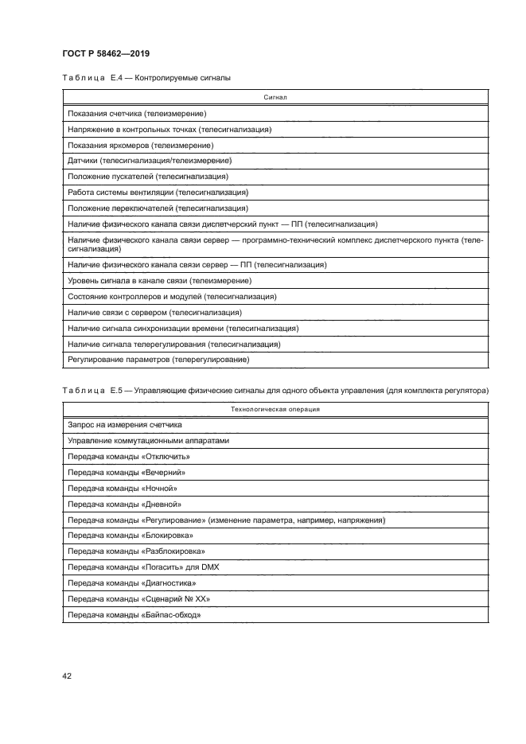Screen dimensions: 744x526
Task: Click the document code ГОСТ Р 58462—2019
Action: [106, 53]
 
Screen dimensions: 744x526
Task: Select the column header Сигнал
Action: [275, 99]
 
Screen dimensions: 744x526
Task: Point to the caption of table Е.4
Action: [146, 78]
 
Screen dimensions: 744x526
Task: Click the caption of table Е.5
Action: [275, 390]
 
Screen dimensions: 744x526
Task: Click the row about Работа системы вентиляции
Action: [158, 192]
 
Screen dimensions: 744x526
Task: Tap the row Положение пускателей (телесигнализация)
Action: [149, 176]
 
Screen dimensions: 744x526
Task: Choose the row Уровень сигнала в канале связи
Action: [160, 281]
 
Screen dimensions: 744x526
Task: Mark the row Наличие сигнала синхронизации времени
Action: [183, 328]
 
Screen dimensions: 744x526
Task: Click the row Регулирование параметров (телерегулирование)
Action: [159, 360]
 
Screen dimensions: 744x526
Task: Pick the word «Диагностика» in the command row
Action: [167, 582]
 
